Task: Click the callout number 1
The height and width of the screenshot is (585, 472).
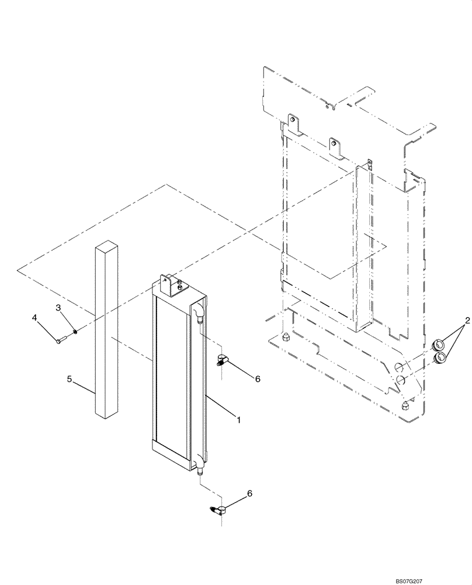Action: (x=238, y=419)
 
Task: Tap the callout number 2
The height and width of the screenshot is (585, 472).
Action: (x=467, y=320)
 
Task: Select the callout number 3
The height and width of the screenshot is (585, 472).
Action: (x=58, y=307)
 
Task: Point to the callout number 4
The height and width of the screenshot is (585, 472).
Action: (x=35, y=318)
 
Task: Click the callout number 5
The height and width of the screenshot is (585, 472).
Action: (x=69, y=379)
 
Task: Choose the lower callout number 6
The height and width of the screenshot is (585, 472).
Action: (x=251, y=494)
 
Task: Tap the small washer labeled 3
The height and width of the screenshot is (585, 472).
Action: (x=76, y=333)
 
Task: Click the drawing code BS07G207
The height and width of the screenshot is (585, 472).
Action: (x=446, y=579)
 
